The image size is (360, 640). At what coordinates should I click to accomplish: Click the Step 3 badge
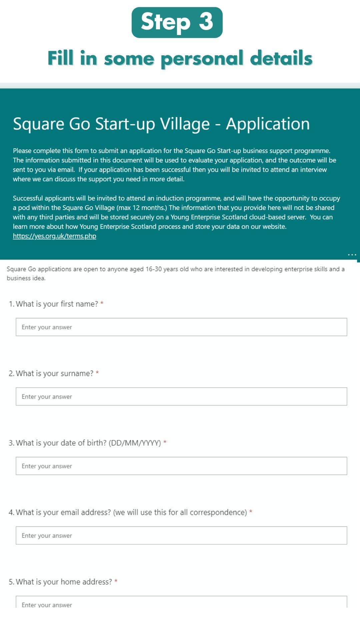pyautogui.click(x=177, y=22)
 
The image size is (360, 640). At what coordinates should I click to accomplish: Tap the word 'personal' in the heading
pyautogui.click(x=202, y=59)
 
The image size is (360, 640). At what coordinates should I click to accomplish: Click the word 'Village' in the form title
pyautogui.click(x=185, y=124)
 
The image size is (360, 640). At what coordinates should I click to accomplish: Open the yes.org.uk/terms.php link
pyautogui.click(x=54, y=236)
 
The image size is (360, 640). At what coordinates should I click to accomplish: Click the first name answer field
pyautogui.click(x=181, y=327)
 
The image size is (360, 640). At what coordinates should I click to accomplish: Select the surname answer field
pyautogui.click(x=181, y=396)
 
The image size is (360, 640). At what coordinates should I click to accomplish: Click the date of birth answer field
pyautogui.click(x=181, y=466)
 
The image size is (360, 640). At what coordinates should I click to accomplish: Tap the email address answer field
pyautogui.click(x=181, y=535)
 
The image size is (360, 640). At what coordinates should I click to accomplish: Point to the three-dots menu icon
pyautogui.click(x=352, y=255)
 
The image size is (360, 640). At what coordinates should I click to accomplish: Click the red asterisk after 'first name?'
pyautogui.click(x=102, y=303)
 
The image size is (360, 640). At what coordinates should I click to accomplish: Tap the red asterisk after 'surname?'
pyautogui.click(x=97, y=373)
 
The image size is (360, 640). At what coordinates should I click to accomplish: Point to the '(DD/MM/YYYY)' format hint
pyautogui.click(x=135, y=443)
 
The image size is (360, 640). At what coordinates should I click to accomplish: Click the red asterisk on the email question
pyautogui.click(x=251, y=512)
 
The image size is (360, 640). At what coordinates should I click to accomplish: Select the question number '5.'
pyautogui.click(x=12, y=582)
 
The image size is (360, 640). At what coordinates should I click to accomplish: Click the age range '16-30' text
pyautogui.click(x=153, y=269)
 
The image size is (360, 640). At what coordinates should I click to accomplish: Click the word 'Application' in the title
pyautogui.click(x=268, y=124)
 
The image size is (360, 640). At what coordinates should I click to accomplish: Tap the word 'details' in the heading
pyautogui.click(x=281, y=59)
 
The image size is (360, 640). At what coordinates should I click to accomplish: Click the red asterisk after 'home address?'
pyautogui.click(x=116, y=581)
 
